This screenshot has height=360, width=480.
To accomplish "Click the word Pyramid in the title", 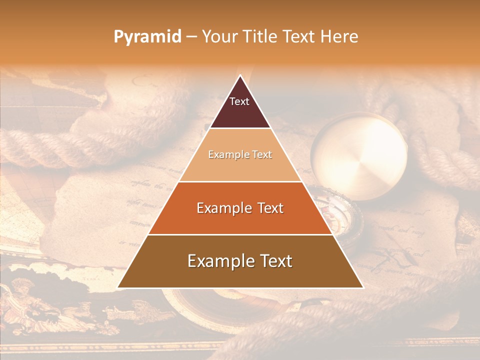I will point(147,37).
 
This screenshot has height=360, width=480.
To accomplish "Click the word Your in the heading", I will point(219,36).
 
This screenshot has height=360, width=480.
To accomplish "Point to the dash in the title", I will point(191,37).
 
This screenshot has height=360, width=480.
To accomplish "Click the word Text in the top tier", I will point(239,101).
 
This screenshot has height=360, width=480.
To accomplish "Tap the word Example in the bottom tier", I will point(219,261).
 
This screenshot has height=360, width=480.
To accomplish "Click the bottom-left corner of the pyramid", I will point(118,287).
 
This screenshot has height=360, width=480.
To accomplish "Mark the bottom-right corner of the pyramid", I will point(362,287).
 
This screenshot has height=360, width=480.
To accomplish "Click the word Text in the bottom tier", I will point(274,261).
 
